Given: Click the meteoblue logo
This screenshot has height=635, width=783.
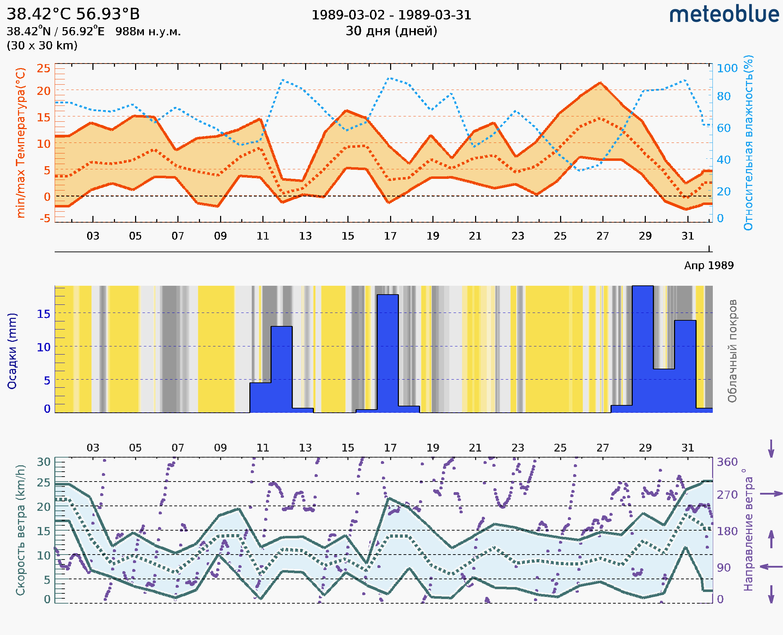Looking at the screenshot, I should tap(724, 14).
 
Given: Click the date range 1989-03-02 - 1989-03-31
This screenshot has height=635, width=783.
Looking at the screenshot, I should tap(391, 15).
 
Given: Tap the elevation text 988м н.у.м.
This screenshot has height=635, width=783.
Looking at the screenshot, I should tap(148, 32).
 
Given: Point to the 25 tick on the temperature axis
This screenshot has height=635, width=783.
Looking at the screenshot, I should tap(43, 68).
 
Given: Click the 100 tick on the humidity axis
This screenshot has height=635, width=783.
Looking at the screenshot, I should tap(727, 68).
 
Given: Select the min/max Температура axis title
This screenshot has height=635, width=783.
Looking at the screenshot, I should tap(21, 143).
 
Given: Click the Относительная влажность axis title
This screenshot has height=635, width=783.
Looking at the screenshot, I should tap(748, 143).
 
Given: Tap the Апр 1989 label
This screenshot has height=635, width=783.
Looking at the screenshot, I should tap(709, 265).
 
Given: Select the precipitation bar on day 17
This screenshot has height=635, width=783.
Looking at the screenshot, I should tap(388, 353).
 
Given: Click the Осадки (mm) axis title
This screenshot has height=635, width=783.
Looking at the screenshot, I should tap(12, 351).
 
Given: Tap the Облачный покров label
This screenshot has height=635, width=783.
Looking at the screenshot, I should tap(732, 351).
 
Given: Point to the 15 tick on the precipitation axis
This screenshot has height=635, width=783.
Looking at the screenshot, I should tap(43, 314).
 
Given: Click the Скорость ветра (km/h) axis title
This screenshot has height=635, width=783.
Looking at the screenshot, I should tap(20, 530).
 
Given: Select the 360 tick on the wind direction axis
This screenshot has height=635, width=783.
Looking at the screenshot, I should tap(727, 462).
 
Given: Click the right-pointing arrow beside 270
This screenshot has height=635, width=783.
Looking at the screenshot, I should tap(771, 494).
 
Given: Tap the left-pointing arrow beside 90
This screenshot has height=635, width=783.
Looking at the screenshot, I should tap(771, 567).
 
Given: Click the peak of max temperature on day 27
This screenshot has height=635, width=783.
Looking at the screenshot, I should tap(600, 83).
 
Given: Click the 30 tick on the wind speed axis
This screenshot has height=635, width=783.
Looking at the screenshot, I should tap(43, 462).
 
